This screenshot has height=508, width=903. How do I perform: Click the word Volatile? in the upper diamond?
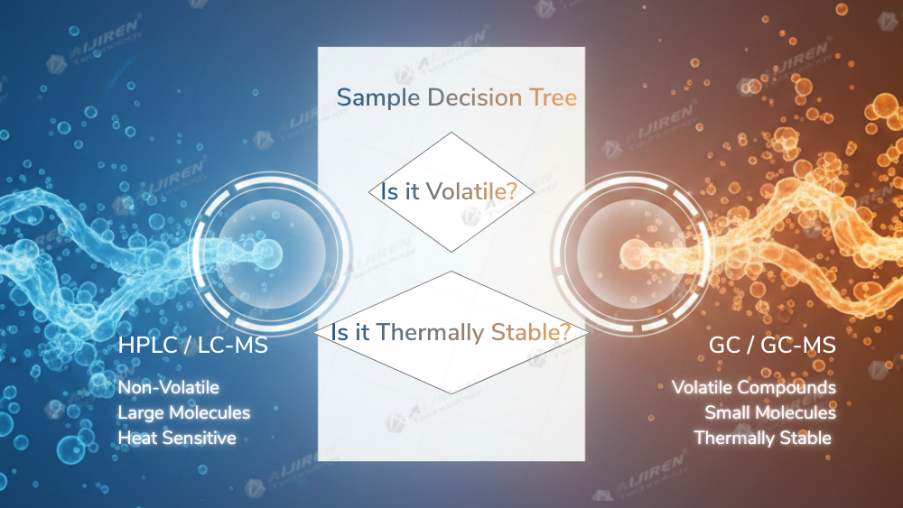[480, 192]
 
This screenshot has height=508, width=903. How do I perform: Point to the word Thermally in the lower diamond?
[431, 332]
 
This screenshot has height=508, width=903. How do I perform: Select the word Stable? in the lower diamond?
[531, 332]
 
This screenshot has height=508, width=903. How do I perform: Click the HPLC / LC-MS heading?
[192, 346]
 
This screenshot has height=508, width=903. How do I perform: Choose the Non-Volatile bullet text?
[169, 388]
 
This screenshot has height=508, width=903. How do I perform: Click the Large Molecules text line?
[184, 413]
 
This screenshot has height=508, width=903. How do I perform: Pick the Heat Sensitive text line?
[177, 439]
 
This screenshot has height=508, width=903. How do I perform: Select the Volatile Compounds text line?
[754, 388]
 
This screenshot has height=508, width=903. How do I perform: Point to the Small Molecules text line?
[770, 413]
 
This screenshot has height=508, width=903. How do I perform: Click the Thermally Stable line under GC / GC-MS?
[762, 439]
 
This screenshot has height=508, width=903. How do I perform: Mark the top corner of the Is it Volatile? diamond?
[451, 133]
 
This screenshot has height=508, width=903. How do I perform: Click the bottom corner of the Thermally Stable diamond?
[451, 393]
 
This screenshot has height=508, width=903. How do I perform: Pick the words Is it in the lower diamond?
[352, 332]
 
